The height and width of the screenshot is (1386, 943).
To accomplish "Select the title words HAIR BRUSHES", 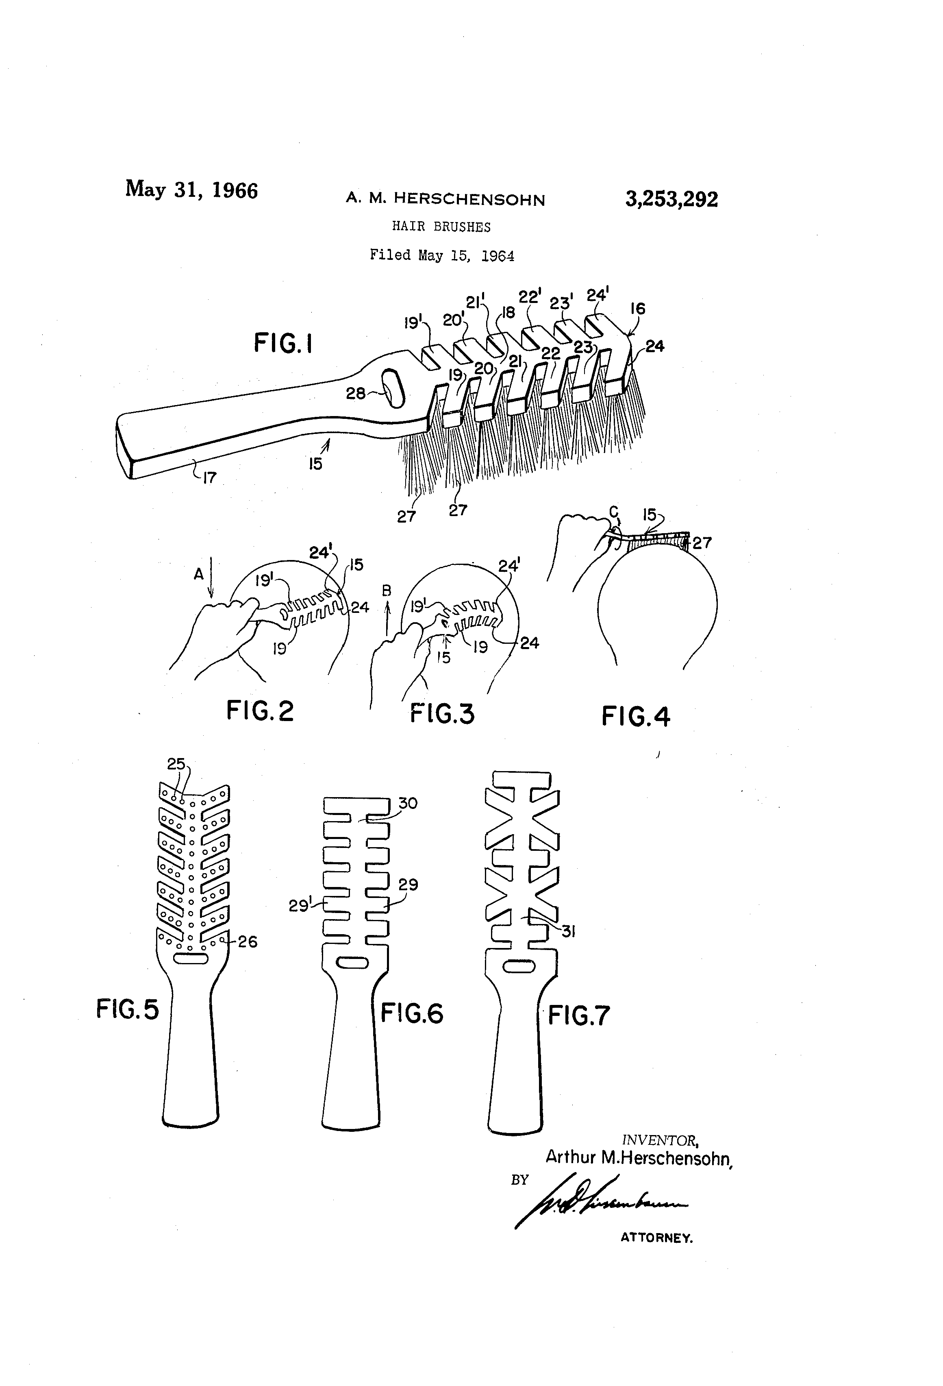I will click(x=441, y=227).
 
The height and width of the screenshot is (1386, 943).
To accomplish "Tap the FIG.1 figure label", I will click(x=283, y=344).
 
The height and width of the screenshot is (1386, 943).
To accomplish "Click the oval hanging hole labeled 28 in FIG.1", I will click(x=394, y=389).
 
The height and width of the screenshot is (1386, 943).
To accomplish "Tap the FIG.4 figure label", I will click(x=635, y=716).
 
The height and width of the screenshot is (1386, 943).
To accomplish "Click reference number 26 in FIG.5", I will click(x=248, y=942).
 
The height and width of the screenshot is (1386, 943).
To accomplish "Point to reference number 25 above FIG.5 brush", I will click(x=176, y=765).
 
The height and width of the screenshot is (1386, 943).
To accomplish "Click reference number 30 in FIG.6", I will click(x=408, y=803).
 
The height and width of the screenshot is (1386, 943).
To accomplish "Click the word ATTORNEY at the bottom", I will click(x=656, y=1238).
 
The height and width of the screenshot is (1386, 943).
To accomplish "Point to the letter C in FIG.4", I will click(x=613, y=512).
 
